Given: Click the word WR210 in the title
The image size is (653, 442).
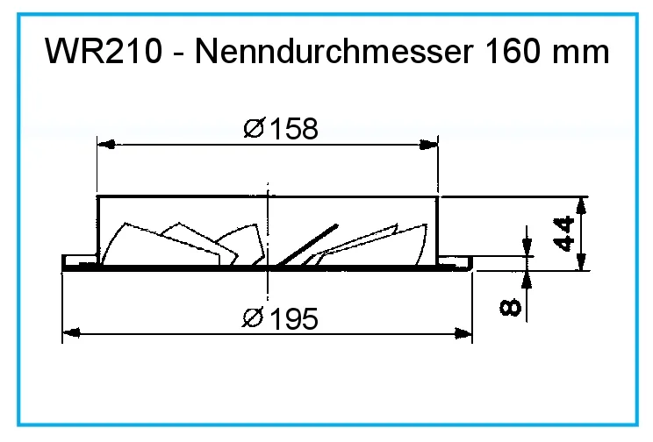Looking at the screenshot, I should (x=103, y=53).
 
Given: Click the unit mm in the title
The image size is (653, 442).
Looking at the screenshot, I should (x=581, y=53).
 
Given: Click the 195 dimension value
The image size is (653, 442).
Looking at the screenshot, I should (x=291, y=318).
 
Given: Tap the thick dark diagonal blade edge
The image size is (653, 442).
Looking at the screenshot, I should (x=307, y=245).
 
